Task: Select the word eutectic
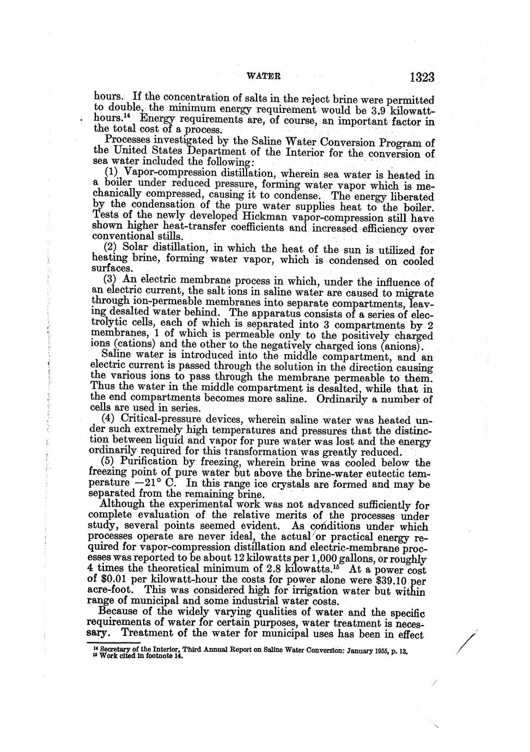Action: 377,474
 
